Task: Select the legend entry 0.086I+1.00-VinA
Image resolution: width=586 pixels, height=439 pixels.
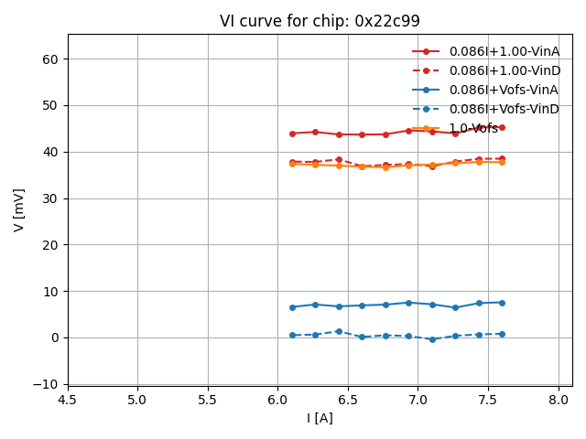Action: coord(505,51)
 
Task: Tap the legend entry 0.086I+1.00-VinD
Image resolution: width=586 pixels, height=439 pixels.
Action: coord(505,70)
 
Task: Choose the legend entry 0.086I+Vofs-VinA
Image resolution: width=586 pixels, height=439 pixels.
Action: coord(504,90)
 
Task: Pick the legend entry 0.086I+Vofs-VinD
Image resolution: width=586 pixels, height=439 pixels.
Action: coord(504,109)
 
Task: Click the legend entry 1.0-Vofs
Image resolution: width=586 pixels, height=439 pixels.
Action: coord(473,128)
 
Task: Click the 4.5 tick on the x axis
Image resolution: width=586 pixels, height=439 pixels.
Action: coord(68,400)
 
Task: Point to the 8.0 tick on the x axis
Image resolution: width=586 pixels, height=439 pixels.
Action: coord(559,400)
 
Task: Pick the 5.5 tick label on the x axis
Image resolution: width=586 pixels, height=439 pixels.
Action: coord(208,400)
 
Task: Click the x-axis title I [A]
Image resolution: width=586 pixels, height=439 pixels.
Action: coord(320,418)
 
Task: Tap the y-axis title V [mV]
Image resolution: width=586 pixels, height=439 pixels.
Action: coord(19,209)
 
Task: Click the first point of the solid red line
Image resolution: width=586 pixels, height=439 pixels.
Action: coord(292,134)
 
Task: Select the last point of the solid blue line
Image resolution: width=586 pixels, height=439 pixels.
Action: coord(502,303)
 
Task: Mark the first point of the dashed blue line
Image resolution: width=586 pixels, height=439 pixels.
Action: coord(292,336)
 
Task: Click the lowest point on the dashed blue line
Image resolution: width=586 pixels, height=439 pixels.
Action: coord(432,339)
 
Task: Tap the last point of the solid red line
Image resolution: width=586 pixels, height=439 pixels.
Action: coord(502,127)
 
